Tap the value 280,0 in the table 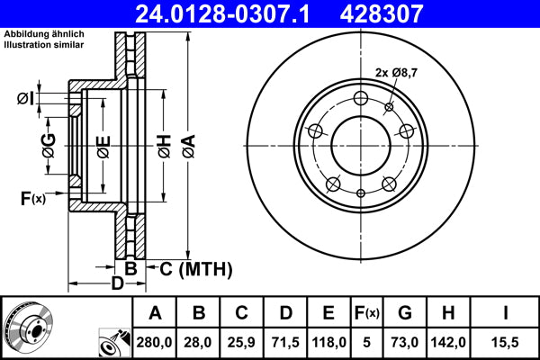coord(155,342)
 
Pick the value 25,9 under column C coord(241,342)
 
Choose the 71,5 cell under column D coord(284,342)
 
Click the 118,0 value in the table coord(328,342)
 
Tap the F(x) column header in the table coord(367,313)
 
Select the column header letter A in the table coord(155,313)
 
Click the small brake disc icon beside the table coord(31,326)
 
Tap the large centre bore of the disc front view coord(361,147)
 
